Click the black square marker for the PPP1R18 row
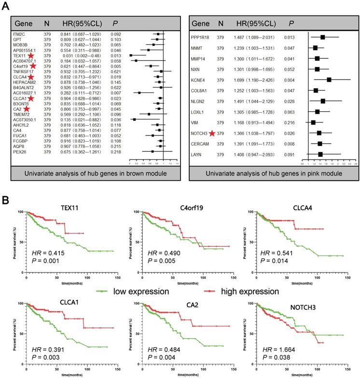pyautogui.click(x=323, y=37)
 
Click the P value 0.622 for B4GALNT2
pyautogui.click(x=116, y=88)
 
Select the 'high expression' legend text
pyautogui.click(x=242, y=291)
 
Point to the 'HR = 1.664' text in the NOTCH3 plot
pyautogui.click(x=278, y=349)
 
